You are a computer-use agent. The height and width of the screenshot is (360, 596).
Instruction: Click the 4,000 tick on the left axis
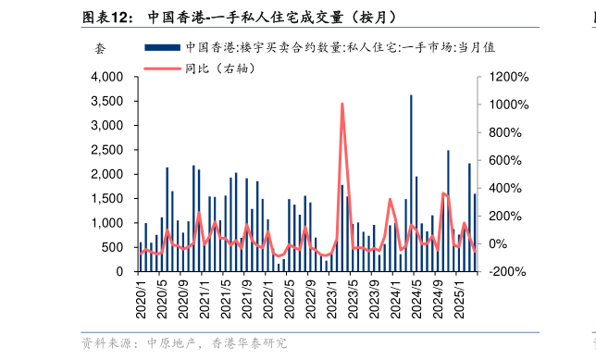(x=109, y=77)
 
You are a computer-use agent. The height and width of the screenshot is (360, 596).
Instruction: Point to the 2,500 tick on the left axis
(x=109, y=150)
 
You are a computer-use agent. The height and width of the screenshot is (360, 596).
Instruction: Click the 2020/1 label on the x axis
(x=141, y=299)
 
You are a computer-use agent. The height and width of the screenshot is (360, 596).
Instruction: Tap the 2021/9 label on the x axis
(x=247, y=299)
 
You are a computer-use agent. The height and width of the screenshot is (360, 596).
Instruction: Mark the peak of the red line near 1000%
(x=342, y=105)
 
